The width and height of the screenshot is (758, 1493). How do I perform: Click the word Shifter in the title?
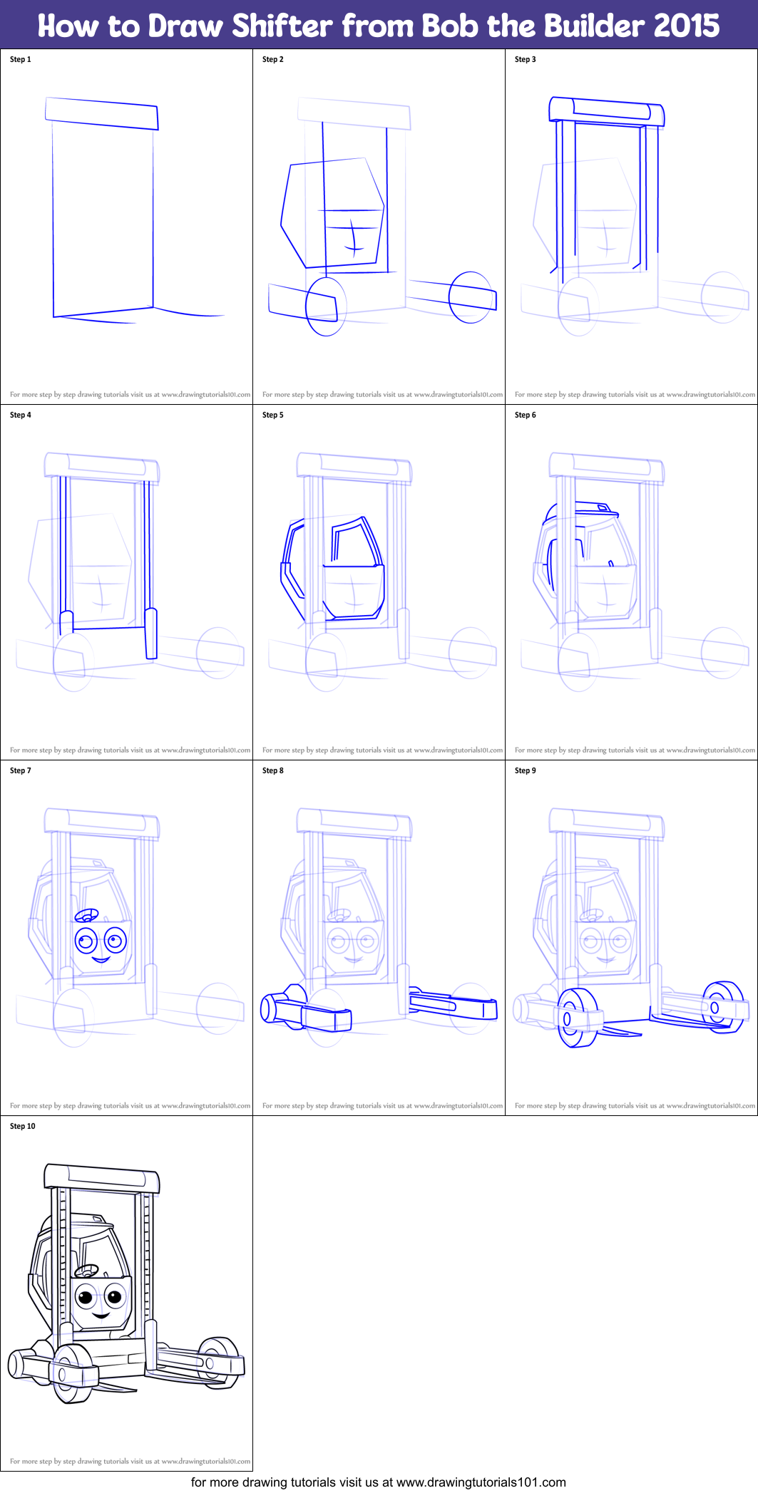[282, 26]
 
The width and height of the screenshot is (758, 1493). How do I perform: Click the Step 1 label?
[21, 60]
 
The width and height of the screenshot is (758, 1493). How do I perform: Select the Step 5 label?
[272, 415]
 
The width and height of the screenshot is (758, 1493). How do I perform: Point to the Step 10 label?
[22, 1126]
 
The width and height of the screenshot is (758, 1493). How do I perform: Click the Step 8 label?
[272, 770]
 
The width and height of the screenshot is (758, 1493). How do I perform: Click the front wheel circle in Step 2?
[326, 306]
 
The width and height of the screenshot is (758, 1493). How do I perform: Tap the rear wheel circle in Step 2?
[471, 297]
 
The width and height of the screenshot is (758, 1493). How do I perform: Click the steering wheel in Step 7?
[86, 915]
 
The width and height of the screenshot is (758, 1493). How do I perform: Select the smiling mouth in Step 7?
[101, 959]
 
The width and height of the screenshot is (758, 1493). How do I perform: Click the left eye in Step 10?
[86, 1296]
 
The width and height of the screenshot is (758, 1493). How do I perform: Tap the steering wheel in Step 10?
[86, 1270]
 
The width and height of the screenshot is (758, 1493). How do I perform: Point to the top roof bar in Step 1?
[101, 113]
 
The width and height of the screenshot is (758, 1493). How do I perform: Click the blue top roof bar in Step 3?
[606, 110]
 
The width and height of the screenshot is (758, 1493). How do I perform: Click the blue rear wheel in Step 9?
[722, 1006]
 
